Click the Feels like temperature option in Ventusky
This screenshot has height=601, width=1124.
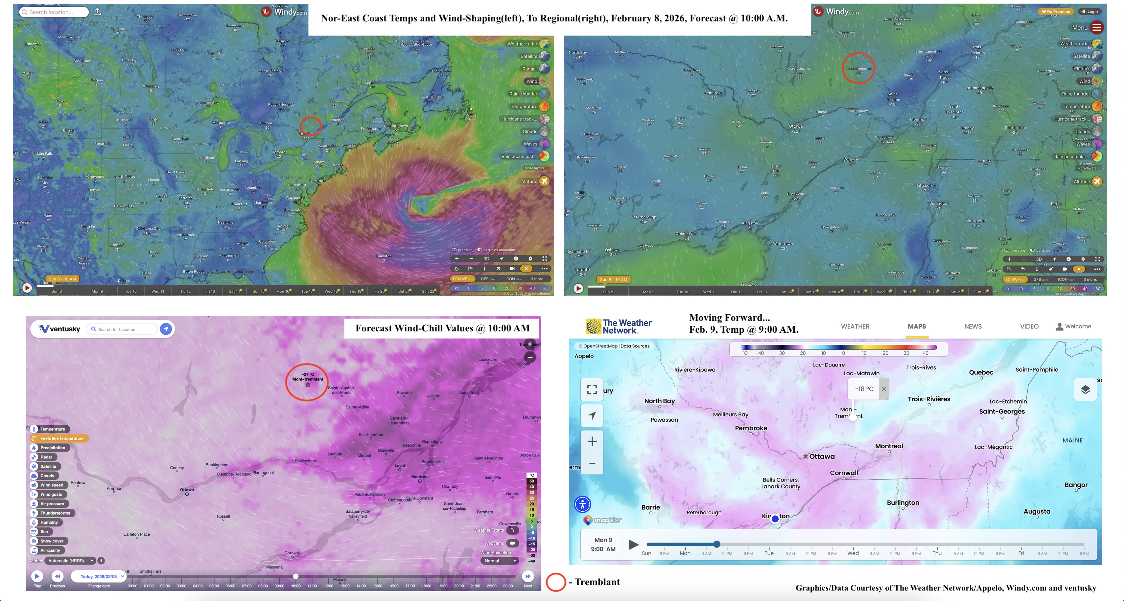(x=61, y=438)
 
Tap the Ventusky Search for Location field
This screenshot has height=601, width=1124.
(x=124, y=329)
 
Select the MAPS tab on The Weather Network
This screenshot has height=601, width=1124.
(x=916, y=326)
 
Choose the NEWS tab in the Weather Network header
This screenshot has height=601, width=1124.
(x=972, y=326)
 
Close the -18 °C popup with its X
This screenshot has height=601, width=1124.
(x=883, y=389)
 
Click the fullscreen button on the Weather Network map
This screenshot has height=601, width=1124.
(x=592, y=389)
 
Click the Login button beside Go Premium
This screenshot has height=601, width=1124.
(x=1089, y=11)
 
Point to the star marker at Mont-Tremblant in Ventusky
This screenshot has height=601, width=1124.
(x=308, y=385)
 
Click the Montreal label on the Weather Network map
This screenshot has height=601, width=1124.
(x=889, y=446)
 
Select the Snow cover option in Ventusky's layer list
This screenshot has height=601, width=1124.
(x=52, y=541)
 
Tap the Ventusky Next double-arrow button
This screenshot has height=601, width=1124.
(x=527, y=576)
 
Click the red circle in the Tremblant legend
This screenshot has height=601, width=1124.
(x=556, y=582)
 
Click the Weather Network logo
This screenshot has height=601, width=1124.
(x=619, y=326)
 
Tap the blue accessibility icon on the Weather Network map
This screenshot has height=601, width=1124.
(x=582, y=504)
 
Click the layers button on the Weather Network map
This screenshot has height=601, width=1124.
(x=1085, y=390)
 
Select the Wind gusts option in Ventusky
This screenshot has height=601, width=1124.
(x=51, y=494)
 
